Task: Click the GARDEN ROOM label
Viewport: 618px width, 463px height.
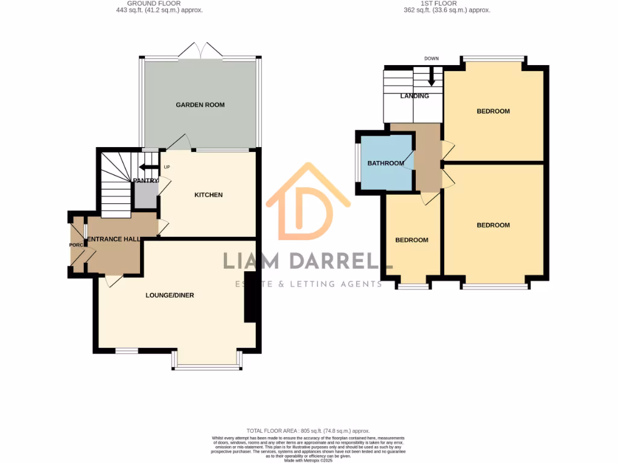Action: [200, 105]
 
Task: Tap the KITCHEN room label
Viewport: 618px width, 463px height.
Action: [208, 195]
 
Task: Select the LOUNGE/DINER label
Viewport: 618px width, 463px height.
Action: [170, 295]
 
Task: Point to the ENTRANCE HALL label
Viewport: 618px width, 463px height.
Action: [115, 240]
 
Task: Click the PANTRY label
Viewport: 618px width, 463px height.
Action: [145, 180]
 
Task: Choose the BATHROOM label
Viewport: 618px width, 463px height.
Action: [386, 163]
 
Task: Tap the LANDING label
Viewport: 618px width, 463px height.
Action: [415, 96]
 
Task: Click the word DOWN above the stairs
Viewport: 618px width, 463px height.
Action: [431, 58]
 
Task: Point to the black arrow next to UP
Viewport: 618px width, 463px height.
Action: [147, 168]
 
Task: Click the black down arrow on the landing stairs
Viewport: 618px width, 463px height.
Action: [432, 77]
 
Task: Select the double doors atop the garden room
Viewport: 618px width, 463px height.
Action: [201, 51]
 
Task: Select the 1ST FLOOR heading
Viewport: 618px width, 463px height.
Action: [447, 4]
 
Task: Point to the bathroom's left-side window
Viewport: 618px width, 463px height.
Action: [357, 163]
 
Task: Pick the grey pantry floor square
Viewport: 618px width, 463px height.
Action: [145, 195]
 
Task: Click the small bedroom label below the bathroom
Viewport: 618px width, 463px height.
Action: [412, 240]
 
